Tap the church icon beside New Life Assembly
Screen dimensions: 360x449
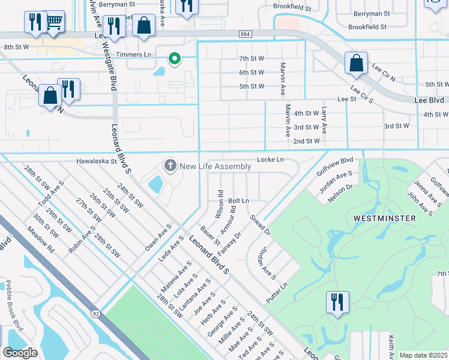170,165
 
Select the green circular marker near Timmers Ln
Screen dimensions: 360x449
175,58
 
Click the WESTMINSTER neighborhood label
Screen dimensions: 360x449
385,218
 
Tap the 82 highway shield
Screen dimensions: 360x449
96,314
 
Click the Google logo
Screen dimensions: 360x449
20,353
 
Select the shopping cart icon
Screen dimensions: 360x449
55,22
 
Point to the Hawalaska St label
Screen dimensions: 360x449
97,161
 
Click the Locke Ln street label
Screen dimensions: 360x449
270,160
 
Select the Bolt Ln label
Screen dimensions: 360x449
238,200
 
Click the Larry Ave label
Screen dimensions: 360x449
324,119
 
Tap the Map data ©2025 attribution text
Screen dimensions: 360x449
423,355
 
